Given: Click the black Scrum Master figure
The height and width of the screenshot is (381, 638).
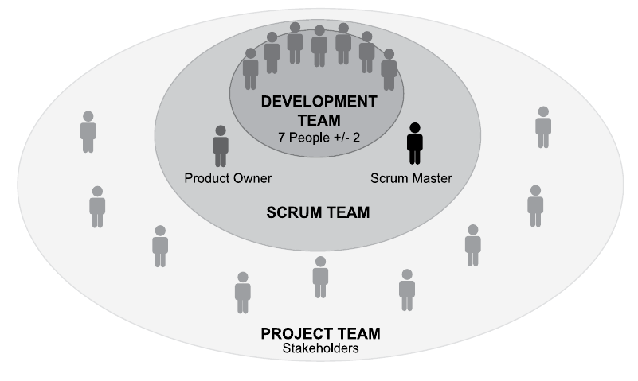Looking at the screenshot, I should (415, 144).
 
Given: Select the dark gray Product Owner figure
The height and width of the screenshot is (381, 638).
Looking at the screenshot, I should (221, 146).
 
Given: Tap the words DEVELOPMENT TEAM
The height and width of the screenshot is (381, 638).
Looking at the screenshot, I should (319, 111).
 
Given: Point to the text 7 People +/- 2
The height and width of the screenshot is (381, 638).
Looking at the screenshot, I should (319, 137).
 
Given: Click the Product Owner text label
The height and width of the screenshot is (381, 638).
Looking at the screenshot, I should (228, 177).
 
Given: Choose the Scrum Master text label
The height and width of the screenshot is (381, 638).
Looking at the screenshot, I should (411, 177).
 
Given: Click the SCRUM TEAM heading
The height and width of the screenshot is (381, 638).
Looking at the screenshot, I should (319, 213).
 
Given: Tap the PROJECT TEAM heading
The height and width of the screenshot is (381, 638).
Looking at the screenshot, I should (320, 333).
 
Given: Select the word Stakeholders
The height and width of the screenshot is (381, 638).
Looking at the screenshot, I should (320, 348).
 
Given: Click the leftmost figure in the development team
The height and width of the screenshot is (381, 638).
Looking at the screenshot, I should (251, 69).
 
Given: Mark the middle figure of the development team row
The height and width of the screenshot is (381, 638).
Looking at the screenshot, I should (319, 46).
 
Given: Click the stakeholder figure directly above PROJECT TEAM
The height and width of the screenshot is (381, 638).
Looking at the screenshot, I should (320, 276).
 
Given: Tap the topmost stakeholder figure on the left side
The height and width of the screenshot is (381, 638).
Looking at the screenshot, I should (88, 132).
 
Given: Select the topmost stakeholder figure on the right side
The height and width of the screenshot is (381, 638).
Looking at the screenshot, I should (543, 127).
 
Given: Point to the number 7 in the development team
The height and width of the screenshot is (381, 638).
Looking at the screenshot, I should (281, 137).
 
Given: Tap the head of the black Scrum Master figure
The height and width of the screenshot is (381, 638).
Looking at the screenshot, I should (415, 128).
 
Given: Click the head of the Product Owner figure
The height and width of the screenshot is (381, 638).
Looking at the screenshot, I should (221, 130).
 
